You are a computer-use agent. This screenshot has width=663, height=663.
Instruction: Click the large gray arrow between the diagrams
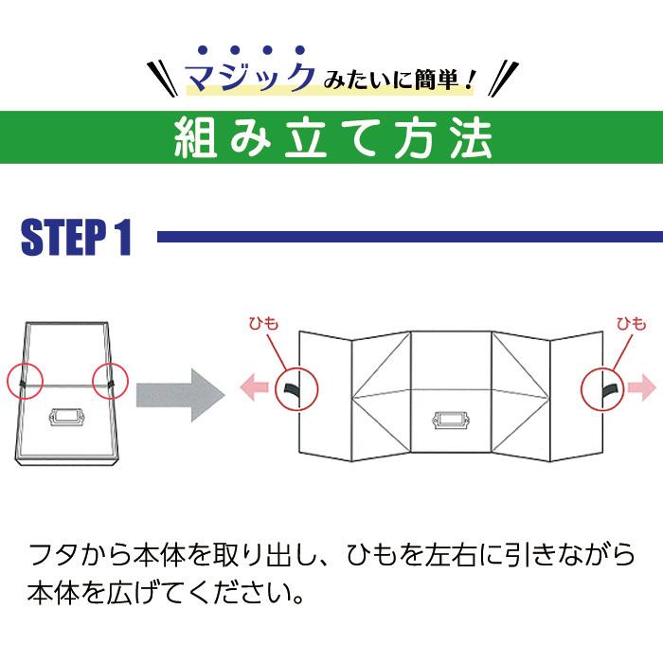(x=181, y=395)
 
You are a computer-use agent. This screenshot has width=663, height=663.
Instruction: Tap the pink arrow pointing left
(x=254, y=387)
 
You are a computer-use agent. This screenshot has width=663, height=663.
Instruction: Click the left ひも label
(x=264, y=324)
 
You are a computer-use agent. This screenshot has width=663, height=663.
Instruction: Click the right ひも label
(x=632, y=324)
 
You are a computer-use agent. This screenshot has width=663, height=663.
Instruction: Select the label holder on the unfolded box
(x=451, y=420)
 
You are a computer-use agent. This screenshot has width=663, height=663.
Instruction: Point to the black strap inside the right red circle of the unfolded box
(x=610, y=389)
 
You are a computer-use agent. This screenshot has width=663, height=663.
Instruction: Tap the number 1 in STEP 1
(x=123, y=237)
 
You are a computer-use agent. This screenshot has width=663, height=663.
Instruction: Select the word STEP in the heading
(x=63, y=237)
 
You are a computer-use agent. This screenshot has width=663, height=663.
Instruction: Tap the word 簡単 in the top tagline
(x=436, y=80)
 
